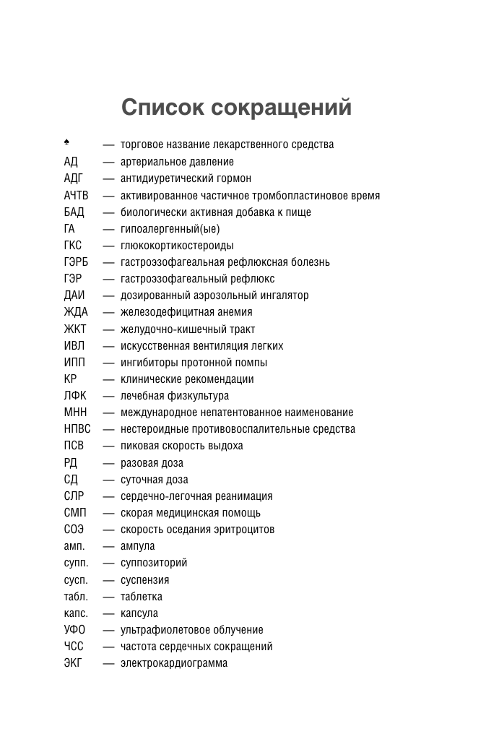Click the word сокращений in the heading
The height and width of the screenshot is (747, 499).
[x=282, y=108]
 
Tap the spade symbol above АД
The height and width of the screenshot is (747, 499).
[x=66, y=142]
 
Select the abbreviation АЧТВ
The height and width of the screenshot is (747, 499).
[x=76, y=195]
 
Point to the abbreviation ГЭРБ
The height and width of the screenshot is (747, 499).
[x=76, y=262]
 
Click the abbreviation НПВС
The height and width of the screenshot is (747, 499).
[x=77, y=429]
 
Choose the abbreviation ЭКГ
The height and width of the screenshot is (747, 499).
[x=73, y=663]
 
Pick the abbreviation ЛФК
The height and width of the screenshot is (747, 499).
[x=75, y=396]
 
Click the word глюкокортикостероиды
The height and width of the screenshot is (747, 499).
[x=177, y=246]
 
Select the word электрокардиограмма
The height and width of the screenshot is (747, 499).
[x=174, y=663]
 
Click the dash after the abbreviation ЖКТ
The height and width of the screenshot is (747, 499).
[x=108, y=329]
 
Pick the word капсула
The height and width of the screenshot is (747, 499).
[x=139, y=613]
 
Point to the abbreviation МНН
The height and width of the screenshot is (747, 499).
[x=76, y=413]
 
